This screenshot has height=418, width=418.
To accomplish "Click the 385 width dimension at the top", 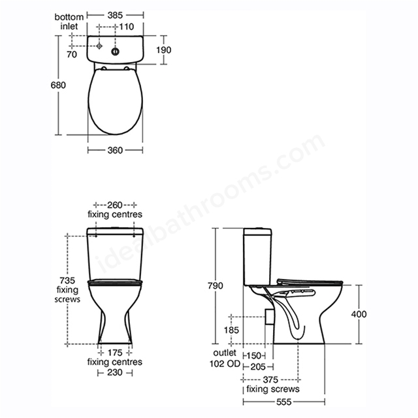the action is (x=115, y=16).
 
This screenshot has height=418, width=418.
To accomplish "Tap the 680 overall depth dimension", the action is (x=58, y=85).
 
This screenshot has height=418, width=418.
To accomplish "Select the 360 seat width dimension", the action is (x=115, y=150).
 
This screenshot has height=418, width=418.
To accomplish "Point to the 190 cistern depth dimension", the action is (x=164, y=50).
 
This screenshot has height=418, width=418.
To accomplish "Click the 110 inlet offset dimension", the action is (x=126, y=27).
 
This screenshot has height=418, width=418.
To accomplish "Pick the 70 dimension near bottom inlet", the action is (x=72, y=54).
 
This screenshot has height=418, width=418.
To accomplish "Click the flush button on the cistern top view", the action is (x=115, y=52).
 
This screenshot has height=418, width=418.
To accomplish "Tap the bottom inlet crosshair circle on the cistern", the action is (x=99, y=46).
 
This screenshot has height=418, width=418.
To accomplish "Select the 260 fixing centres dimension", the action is (x=115, y=205).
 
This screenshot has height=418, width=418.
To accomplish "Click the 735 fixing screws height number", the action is (x=67, y=280).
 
